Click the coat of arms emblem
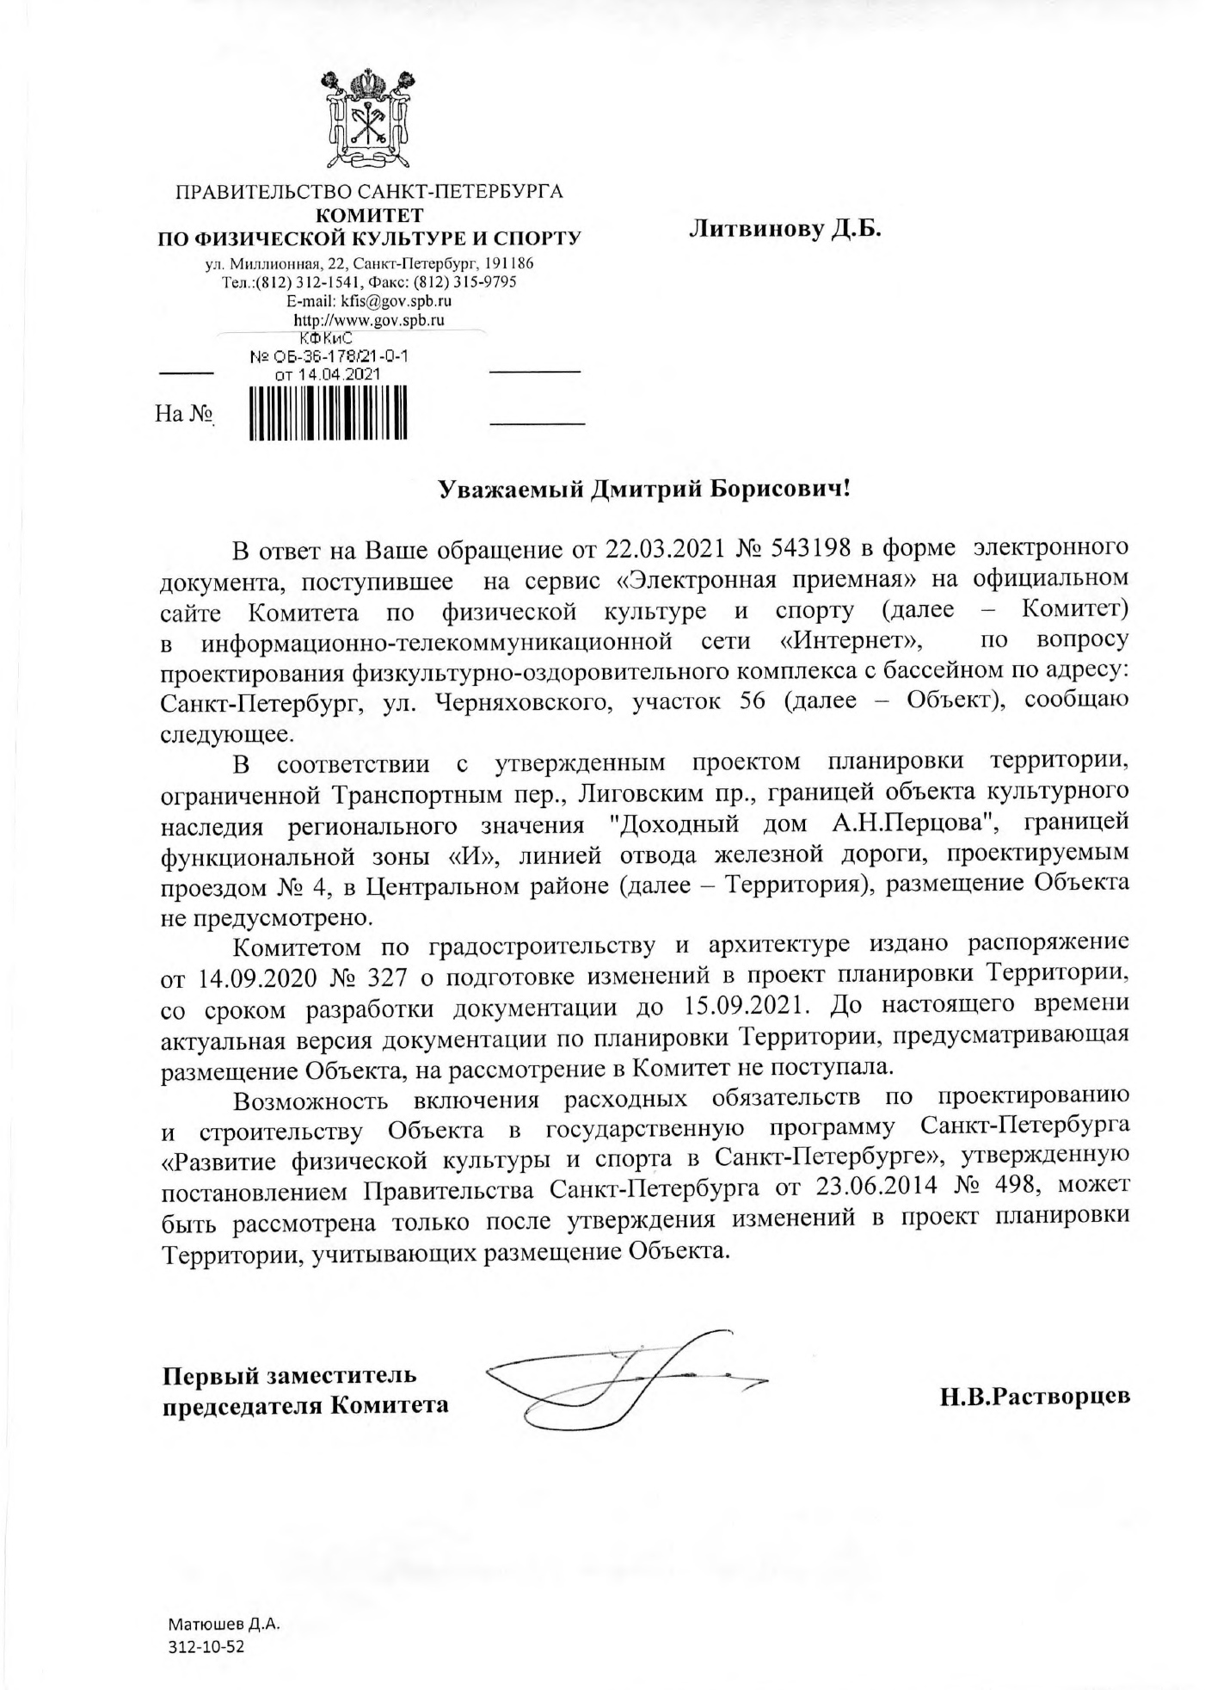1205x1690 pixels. [369, 120]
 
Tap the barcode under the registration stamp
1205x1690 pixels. [328, 414]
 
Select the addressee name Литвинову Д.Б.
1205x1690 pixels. [785, 229]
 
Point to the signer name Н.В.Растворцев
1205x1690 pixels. [1034, 1397]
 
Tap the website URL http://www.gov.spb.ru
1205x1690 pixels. [369, 320]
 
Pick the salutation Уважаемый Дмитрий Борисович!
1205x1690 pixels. [644, 490]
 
